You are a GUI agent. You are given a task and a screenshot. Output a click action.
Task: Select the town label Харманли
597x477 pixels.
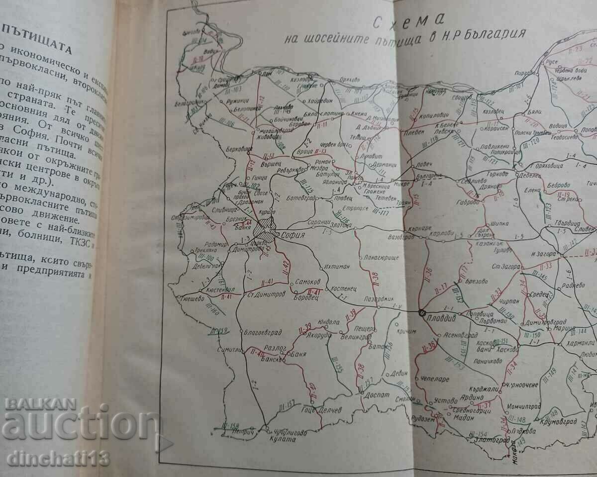(581, 343)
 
